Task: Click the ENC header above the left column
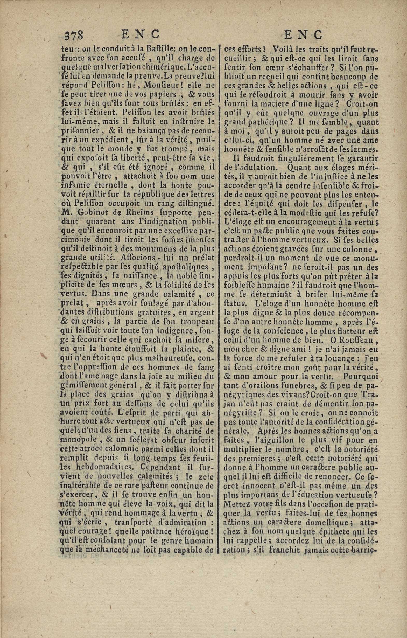[140, 34]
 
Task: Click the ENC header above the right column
[303, 34]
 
